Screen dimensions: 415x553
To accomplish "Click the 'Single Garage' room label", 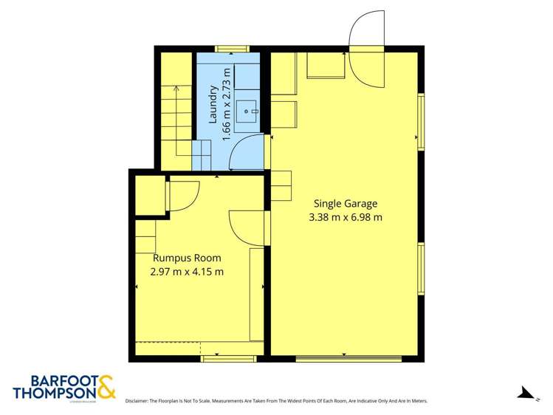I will tap(346, 203).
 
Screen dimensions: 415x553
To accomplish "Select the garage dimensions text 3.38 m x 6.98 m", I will tap(346, 217).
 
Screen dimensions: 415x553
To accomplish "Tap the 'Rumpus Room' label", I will tap(187, 258).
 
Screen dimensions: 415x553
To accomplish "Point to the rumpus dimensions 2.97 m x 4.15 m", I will tap(187, 271).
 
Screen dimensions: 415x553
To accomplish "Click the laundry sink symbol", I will tap(250, 114).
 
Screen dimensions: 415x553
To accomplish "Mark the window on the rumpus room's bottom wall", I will tap(227, 359).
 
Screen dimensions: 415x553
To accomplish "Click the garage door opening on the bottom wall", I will tap(348, 359).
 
